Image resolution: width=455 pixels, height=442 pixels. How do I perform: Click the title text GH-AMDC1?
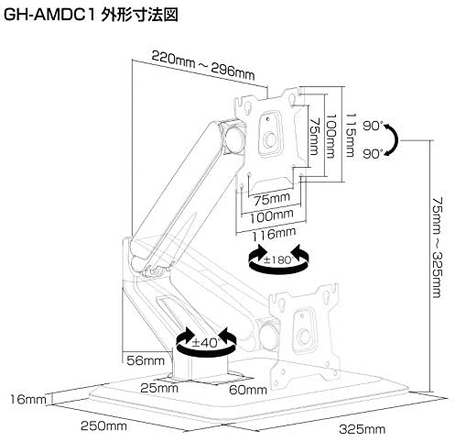[49, 16]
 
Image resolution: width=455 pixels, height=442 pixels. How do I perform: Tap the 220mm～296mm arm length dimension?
[203, 66]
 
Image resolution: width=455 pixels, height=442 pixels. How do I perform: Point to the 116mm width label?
[274, 234]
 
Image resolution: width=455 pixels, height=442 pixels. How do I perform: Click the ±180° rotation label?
[278, 260]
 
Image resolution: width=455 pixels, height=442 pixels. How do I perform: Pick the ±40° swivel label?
[206, 342]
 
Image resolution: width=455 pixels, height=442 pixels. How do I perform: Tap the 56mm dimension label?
[146, 360]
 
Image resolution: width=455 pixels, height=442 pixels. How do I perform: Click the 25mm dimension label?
[159, 388]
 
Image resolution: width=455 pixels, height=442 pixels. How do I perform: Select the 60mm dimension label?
[248, 390]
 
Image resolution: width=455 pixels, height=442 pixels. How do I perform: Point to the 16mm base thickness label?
[28, 399]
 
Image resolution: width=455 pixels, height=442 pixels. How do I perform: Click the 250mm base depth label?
[103, 425]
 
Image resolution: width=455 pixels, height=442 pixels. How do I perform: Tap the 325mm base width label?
[363, 429]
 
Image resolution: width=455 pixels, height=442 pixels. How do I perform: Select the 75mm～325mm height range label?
[437, 248]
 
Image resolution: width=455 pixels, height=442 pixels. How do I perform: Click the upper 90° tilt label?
[373, 126]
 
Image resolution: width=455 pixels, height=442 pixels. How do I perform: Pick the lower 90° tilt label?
[373, 154]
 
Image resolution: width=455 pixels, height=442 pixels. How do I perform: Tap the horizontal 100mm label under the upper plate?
[272, 216]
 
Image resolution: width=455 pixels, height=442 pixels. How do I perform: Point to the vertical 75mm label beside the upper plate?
[314, 137]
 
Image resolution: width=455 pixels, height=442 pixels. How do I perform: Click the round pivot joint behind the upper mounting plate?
[234, 138]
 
